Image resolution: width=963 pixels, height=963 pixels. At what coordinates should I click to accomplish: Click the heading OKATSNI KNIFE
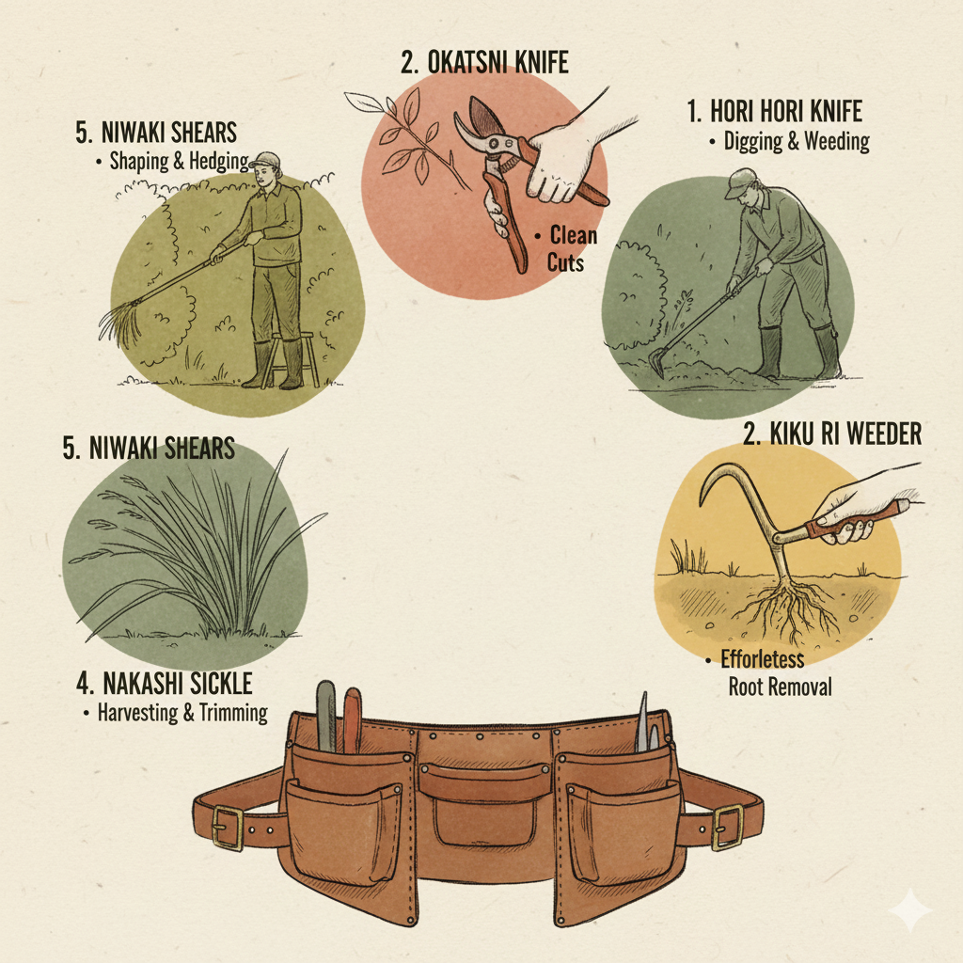484,64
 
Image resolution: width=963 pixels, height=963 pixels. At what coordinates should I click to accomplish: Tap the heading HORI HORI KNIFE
774,112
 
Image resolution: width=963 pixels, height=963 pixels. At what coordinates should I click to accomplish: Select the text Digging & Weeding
796,142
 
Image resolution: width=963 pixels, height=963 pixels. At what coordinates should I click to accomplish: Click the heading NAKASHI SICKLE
166,682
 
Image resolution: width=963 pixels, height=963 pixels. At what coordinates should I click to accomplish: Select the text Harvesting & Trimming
182,713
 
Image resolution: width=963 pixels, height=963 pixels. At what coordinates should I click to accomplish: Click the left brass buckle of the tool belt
226,828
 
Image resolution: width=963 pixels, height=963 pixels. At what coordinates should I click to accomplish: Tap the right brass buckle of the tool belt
727,828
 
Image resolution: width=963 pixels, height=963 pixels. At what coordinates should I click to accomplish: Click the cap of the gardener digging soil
740,179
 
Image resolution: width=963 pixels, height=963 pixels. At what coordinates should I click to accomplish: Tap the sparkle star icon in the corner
910,910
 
